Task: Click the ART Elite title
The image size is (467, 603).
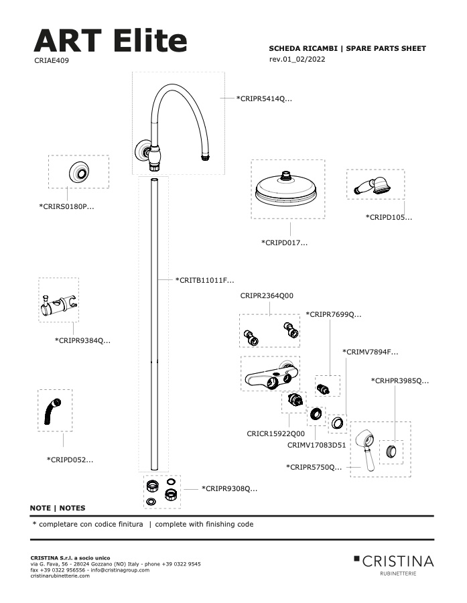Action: (111, 40)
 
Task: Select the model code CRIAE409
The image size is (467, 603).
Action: (52, 60)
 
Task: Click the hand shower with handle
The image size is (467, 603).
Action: (373, 186)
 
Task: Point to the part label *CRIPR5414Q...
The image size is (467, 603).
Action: (264, 99)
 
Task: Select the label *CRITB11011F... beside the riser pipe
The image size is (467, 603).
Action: (204, 280)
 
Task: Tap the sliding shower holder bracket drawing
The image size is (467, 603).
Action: (58, 304)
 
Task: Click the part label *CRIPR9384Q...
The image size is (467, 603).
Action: (82, 340)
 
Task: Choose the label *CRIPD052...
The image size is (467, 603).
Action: (70, 460)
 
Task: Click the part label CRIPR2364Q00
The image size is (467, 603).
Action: (267, 295)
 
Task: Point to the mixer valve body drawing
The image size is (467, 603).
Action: (271, 375)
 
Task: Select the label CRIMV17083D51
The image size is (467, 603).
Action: (317, 445)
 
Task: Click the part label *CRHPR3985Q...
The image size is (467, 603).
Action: (400, 381)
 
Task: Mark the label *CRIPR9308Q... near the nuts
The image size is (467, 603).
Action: (230, 489)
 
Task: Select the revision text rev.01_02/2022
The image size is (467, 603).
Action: (297, 59)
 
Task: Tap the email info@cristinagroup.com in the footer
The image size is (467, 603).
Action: (120, 570)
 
